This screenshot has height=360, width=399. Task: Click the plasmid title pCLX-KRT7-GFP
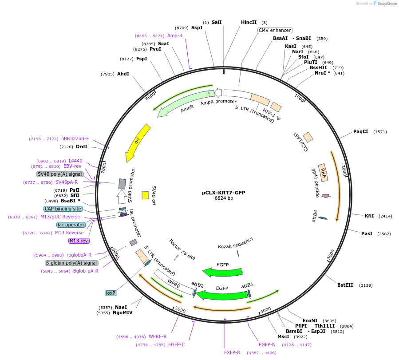pyautogui.click(x=224, y=193)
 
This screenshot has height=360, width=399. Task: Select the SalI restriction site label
pyautogui.click(x=217, y=22)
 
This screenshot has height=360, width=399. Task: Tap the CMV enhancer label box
pyautogui.click(x=275, y=31)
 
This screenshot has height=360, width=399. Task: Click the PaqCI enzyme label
pyautogui.click(x=360, y=131)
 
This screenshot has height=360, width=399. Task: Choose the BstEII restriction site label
pyautogui.click(x=345, y=285)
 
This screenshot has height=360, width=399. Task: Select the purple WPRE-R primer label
pyautogui.click(x=158, y=336)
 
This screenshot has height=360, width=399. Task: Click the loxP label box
pyautogui.click(x=111, y=293)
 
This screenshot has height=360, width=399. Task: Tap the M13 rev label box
pyautogui.click(x=79, y=241)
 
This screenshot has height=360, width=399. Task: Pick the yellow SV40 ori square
pyautogui.click(x=145, y=195)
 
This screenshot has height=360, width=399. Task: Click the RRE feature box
pyautogui.click(x=324, y=172)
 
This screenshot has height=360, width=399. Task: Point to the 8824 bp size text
pyautogui.click(x=224, y=198)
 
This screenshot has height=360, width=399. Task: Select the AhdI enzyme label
pyautogui.click(x=123, y=74)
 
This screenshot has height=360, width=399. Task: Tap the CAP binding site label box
pyautogui.click(x=63, y=209)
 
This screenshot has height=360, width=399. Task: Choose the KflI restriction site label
pyautogui.click(x=369, y=216)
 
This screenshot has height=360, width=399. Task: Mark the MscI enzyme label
pyautogui.click(x=283, y=336)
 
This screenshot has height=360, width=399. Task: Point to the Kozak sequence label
pyautogui.click(x=236, y=243)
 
